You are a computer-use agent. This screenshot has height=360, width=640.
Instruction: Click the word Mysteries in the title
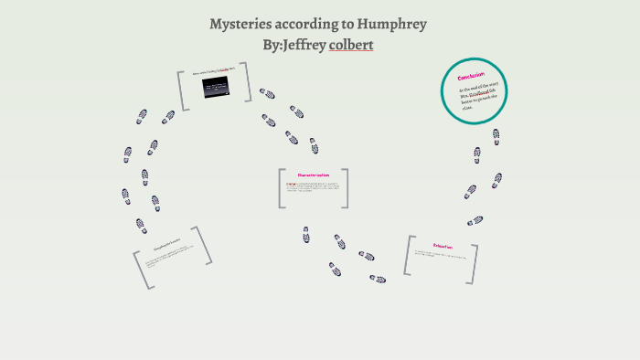[241, 24]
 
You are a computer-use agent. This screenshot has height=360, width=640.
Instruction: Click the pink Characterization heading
[313, 175]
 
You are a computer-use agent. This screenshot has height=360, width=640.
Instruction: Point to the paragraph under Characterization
[313, 188]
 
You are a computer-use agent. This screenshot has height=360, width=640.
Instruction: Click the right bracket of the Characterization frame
[345, 187]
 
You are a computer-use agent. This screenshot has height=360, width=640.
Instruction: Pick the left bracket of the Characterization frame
[282, 187]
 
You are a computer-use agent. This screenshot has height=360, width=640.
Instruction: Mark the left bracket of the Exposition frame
[408, 255]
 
